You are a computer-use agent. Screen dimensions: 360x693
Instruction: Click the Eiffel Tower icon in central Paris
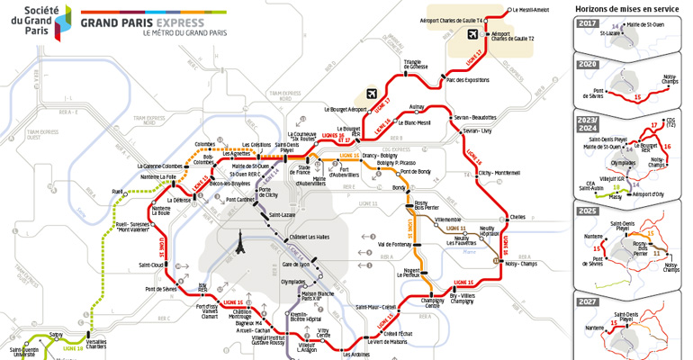(242, 244)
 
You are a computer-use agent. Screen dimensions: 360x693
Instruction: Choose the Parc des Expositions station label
(468, 79)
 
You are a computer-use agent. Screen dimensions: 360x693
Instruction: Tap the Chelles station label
(517, 217)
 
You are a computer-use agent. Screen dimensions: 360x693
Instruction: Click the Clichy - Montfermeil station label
(494, 173)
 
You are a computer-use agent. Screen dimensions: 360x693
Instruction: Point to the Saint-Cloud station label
(150, 265)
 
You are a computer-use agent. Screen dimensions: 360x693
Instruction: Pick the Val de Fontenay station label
(394, 245)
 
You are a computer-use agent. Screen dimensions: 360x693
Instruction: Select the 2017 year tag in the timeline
(588, 23)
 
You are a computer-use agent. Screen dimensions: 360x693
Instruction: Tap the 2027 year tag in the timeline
(588, 301)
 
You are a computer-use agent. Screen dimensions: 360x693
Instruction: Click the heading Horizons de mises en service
(626, 7)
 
